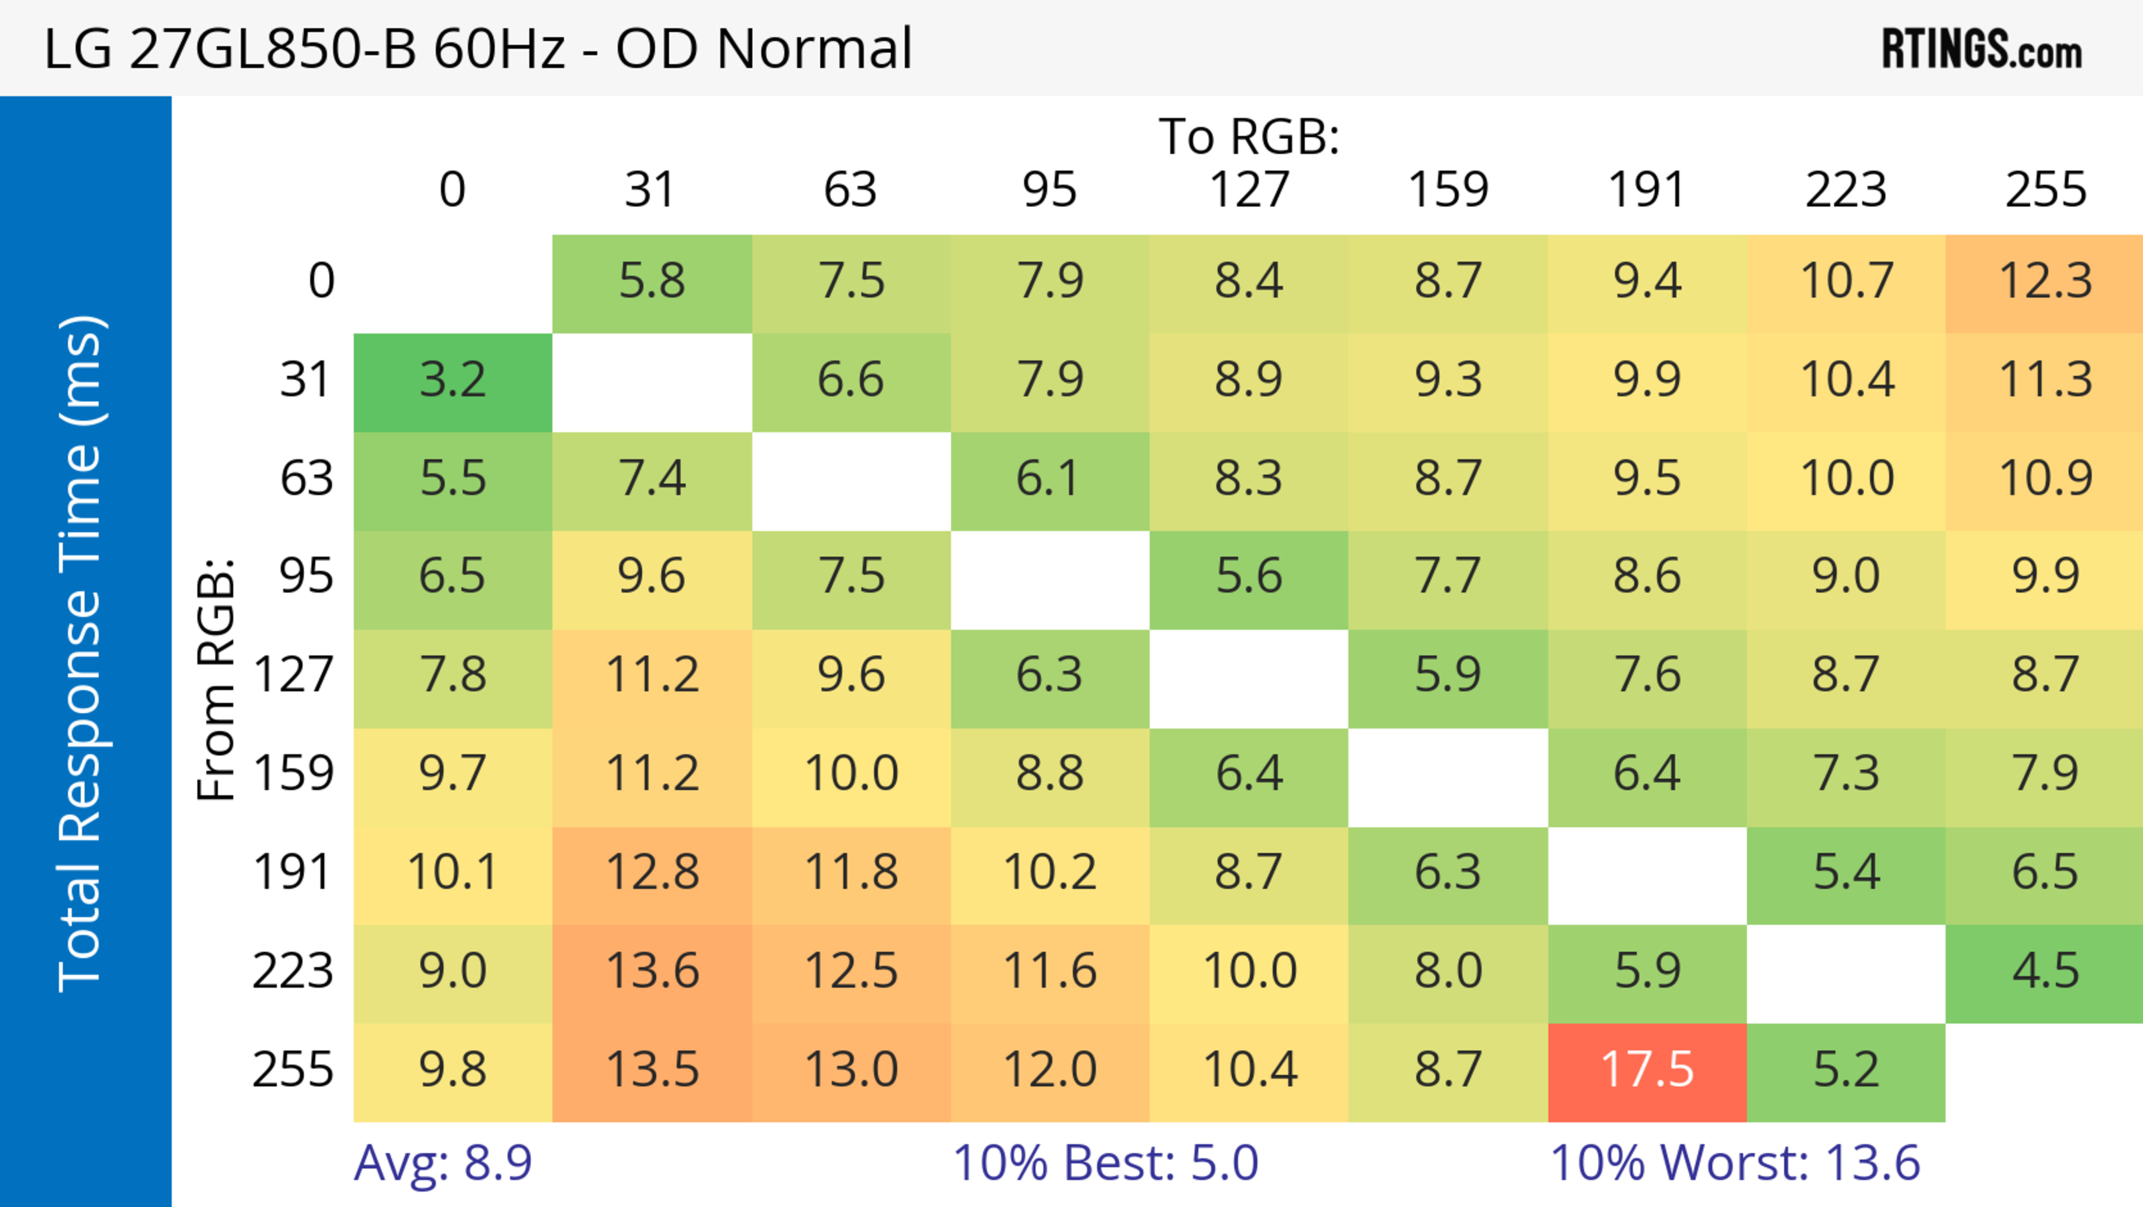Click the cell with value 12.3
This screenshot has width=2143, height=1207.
[2044, 282]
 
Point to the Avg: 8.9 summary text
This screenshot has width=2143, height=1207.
[443, 1163]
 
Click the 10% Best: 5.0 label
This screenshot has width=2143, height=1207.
[1105, 1163]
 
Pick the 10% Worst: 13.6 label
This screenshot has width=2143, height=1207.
[1734, 1163]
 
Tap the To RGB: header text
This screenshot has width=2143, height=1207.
[1249, 136]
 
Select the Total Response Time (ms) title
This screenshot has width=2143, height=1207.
[81, 653]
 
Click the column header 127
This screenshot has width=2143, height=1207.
[1249, 190]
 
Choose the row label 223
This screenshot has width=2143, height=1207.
[293, 971]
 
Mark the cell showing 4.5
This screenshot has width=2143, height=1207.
[2044, 971]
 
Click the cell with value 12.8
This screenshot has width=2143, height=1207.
[652, 873]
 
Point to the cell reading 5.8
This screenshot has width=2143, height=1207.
[652, 282]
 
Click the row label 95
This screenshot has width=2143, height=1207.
[306, 576]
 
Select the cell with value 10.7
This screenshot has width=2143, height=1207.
[1846, 282]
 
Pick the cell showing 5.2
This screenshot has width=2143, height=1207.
[1846, 1071]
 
